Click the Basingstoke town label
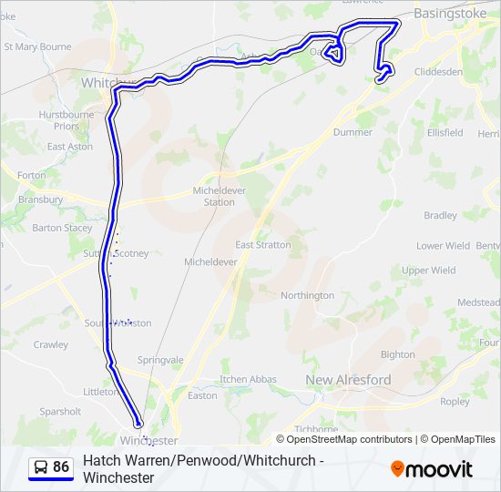pos(452,14)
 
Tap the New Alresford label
pos(348,380)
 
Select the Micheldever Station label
pos(213,196)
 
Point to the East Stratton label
pos(263,245)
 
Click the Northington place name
pos(307,295)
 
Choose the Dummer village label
pos(353,132)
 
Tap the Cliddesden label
pos(438,71)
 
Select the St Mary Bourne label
pos(37,46)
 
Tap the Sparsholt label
pos(60,412)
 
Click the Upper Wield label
pos(428,271)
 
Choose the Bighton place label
pos(397,354)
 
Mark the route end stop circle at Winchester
pos(138,424)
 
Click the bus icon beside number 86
pos(41,467)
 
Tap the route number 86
pos(61,467)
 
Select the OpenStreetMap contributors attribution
pos(349,439)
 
